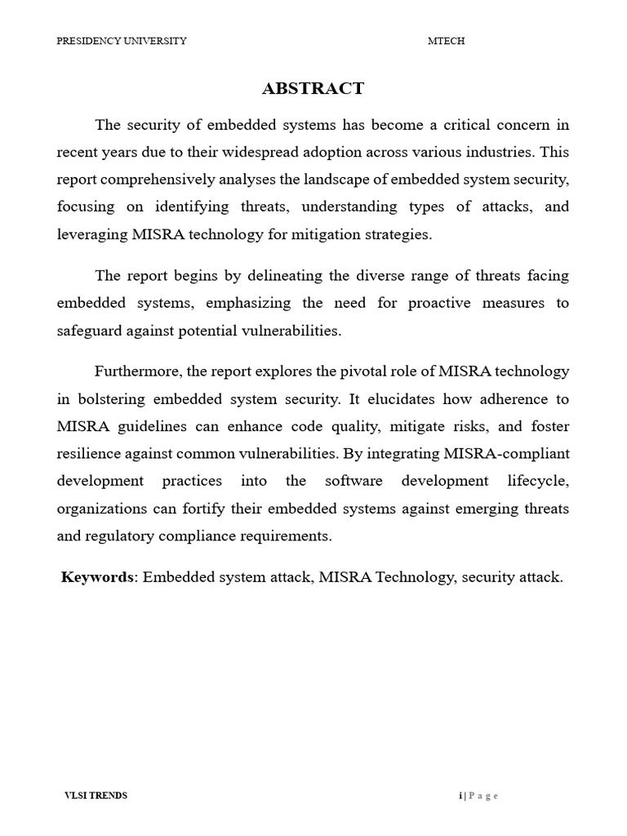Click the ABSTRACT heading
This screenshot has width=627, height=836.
click(x=313, y=89)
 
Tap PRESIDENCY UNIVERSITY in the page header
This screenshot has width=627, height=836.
click(x=122, y=41)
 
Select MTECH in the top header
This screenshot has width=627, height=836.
click(x=447, y=41)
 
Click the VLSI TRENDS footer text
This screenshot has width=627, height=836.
click(x=96, y=795)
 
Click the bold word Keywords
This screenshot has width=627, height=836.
click(x=97, y=577)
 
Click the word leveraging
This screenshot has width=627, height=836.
click(x=91, y=234)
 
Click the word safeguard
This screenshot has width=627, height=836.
click(x=89, y=331)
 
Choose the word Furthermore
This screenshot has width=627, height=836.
click(x=137, y=371)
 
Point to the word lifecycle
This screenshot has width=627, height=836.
click(x=536, y=481)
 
